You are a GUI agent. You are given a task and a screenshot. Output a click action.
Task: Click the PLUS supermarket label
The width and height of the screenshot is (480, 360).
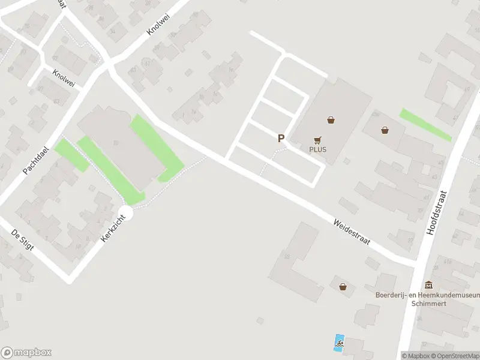tap(318, 149)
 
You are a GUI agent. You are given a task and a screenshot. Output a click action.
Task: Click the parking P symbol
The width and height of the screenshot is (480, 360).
tap(280, 138)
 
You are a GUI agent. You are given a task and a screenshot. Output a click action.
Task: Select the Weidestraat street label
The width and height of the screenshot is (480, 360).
tap(352, 232)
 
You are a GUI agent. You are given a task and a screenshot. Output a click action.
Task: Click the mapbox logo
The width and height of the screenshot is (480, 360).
tap(26, 353)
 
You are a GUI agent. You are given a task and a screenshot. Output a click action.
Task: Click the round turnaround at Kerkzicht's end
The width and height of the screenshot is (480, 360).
tap(125, 212)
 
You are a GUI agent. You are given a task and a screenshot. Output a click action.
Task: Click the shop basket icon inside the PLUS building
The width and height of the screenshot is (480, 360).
tap(331, 119)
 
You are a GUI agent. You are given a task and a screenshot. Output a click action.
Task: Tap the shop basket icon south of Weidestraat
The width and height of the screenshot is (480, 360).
tap(343, 287)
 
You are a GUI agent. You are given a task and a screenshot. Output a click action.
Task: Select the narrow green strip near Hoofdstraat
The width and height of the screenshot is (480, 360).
tap(425, 125)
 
